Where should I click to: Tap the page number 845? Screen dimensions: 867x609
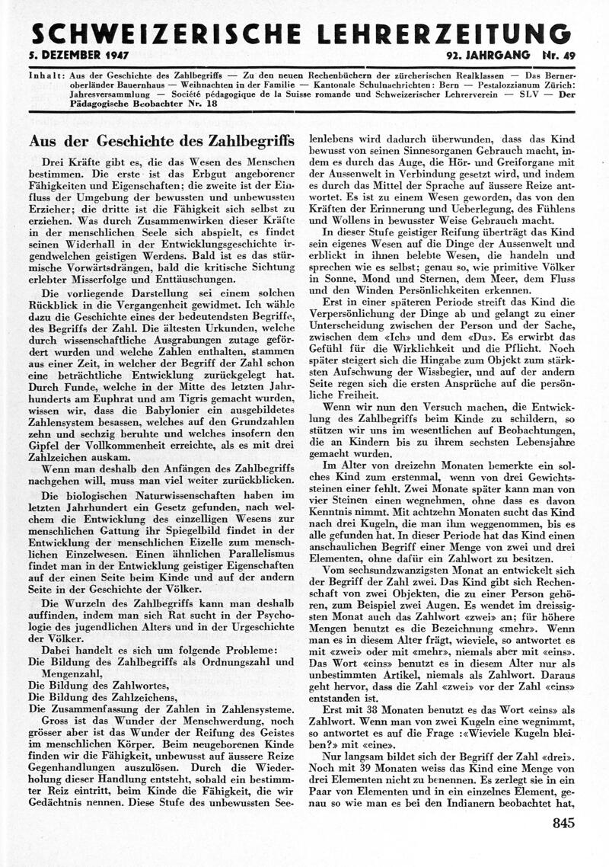559,822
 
